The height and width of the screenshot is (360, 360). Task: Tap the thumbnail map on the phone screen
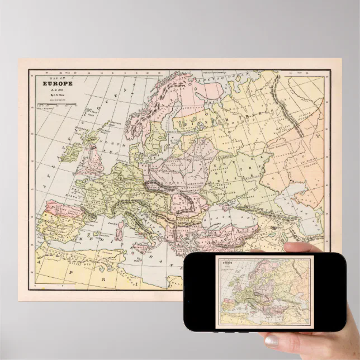(x=263, y=291)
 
